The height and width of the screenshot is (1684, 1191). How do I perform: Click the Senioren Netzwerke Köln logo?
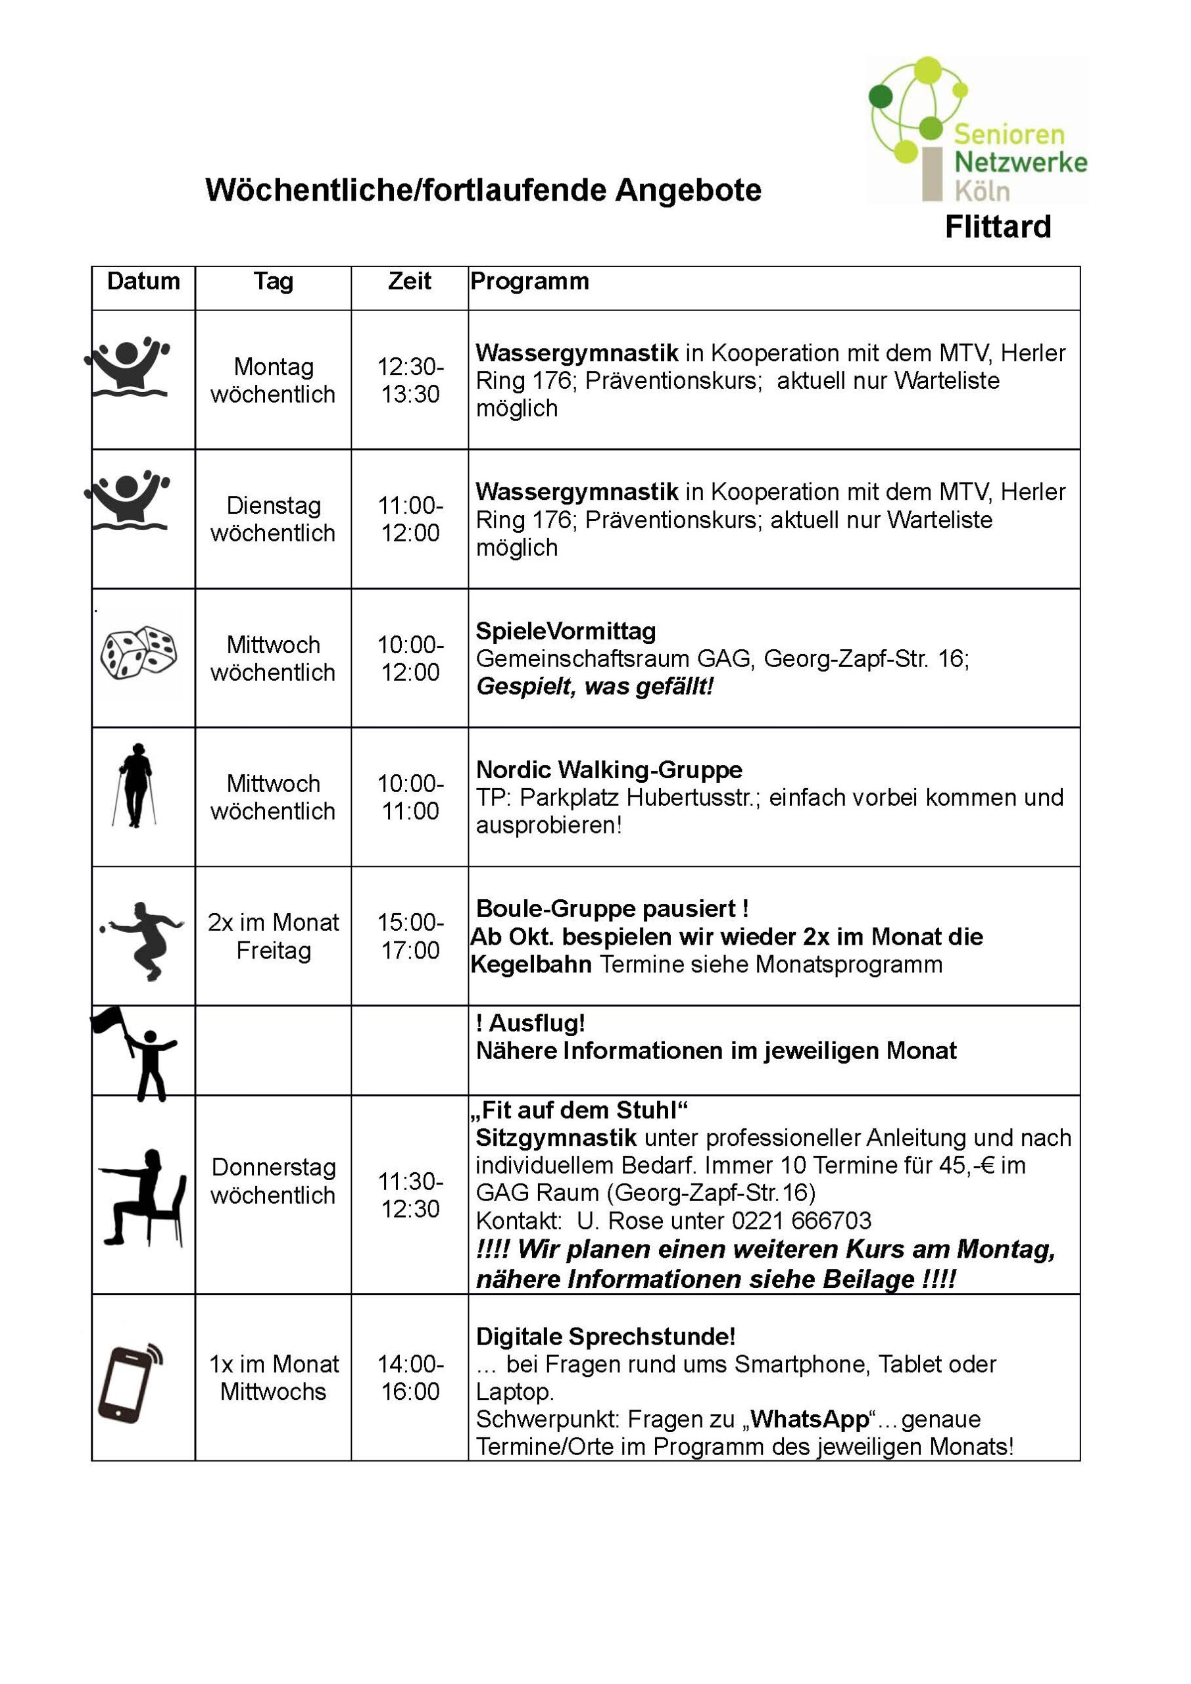coord(977,130)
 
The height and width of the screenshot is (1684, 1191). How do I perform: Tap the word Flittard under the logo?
coord(998,227)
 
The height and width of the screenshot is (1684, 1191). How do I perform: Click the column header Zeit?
coord(409,281)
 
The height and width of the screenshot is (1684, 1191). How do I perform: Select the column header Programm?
coord(529,281)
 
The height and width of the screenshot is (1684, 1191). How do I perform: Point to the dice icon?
coord(139,652)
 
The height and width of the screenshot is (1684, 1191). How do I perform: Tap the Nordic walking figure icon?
coord(135,785)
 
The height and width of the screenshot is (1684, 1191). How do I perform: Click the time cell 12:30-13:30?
coord(410,380)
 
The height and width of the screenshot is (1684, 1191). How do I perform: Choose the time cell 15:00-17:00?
coord(410,936)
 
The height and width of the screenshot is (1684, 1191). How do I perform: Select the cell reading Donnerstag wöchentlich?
coord(273,1181)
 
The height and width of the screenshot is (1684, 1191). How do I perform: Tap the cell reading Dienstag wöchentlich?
coord(273,518)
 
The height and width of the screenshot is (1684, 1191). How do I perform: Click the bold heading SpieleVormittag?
coord(566,631)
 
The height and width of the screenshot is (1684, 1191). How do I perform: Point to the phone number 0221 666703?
coord(802,1220)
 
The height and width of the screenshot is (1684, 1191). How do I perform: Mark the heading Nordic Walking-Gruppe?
coord(609,770)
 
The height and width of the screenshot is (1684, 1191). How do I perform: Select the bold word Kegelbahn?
coord(531,964)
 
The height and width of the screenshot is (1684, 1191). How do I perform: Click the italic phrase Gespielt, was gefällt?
coord(594,687)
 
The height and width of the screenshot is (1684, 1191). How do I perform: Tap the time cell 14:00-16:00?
coord(410,1377)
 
